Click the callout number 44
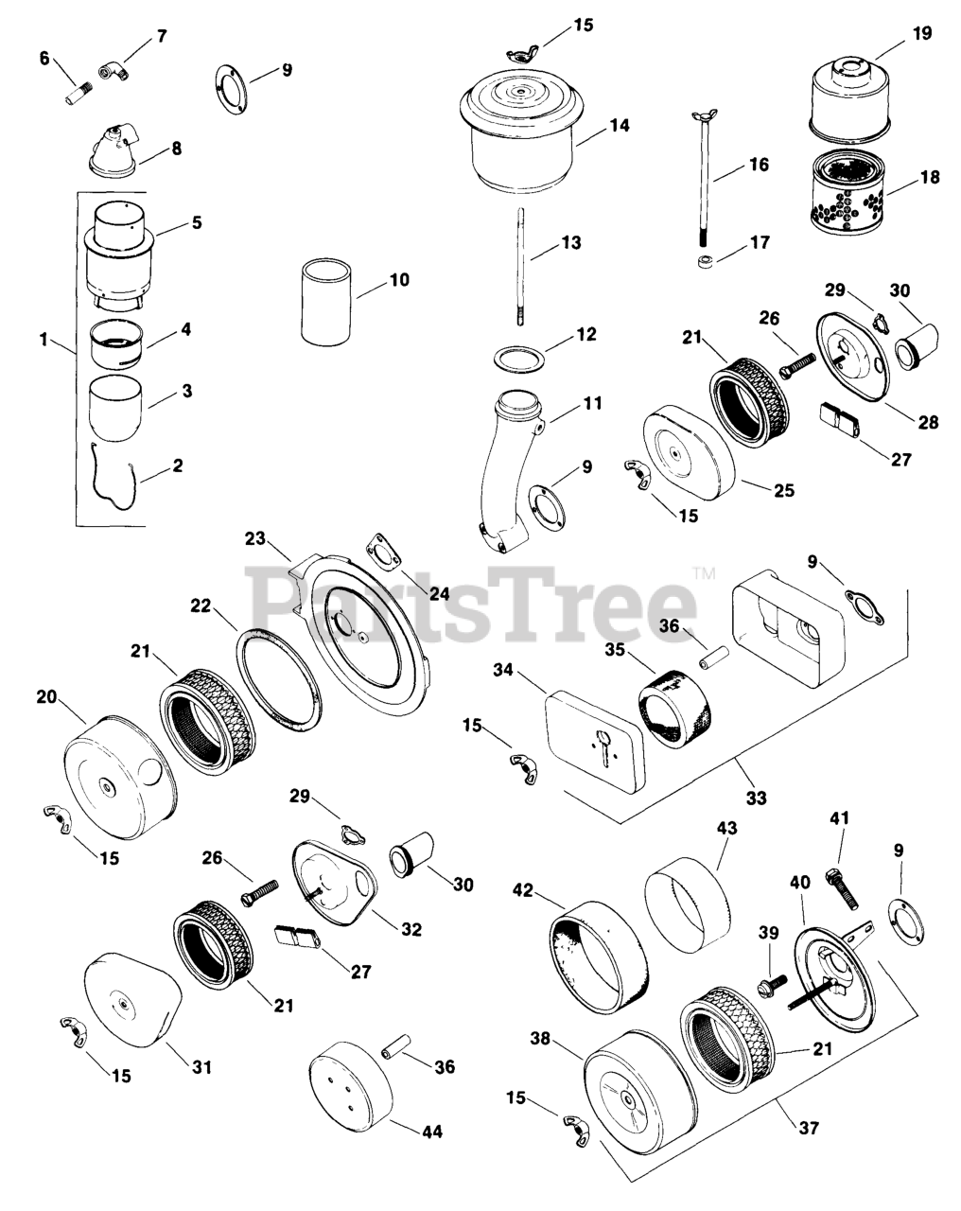click(433, 1131)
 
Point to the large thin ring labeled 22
click(280, 679)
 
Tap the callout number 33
click(755, 798)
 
